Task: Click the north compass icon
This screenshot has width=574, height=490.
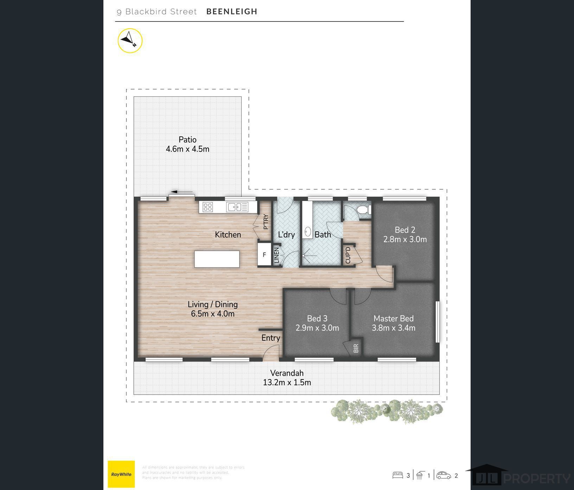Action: (130, 40)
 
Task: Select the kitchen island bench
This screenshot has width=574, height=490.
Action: (217, 259)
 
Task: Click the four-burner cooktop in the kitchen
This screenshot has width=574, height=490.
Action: (208, 207)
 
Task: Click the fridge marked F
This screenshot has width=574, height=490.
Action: (264, 255)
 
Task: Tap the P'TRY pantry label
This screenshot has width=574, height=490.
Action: (266, 222)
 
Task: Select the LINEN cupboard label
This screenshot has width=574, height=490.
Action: (276, 255)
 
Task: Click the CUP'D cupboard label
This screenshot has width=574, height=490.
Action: (348, 255)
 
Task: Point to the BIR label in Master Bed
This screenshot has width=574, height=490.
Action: (356, 348)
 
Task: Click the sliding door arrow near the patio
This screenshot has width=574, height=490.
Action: (179, 192)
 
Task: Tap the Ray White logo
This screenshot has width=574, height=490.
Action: (121, 474)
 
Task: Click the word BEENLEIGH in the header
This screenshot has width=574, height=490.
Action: (232, 12)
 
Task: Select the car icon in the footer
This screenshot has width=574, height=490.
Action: (444, 475)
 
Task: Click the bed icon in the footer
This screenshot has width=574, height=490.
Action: (398, 475)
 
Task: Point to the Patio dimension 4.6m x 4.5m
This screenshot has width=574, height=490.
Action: (187, 149)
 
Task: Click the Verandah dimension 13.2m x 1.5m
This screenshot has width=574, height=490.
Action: (287, 382)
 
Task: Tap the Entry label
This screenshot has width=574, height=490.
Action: (271, 338)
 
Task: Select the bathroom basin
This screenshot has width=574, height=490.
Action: (307, 232)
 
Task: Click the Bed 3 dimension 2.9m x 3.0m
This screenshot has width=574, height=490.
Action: (317, 328)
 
